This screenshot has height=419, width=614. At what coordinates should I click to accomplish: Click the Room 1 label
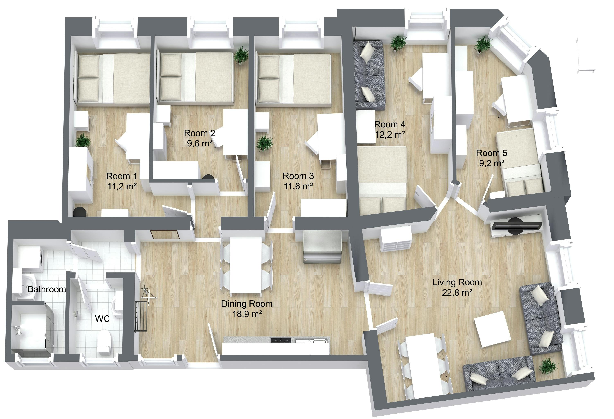[x=122, y=176]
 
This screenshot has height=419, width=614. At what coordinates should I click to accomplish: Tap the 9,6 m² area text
[x=200, y=144]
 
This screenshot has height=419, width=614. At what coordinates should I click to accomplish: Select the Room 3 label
[x=298, y=176]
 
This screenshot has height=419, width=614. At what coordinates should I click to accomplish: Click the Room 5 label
[x=492, y=153]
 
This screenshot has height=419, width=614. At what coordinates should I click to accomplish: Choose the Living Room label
[x=457, y=282]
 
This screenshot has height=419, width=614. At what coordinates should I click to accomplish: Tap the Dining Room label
[x=247, y=304]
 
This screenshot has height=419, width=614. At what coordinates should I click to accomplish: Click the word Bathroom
[x=47, y=289]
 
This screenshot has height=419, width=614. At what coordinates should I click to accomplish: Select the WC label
[x=102, y=319]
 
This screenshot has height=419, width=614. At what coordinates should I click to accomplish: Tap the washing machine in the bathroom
[x=29, y=256]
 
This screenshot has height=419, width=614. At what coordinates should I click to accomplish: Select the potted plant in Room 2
[x=241, y=55]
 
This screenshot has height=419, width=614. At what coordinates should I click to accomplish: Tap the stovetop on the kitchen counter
[x=281, y=341]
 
